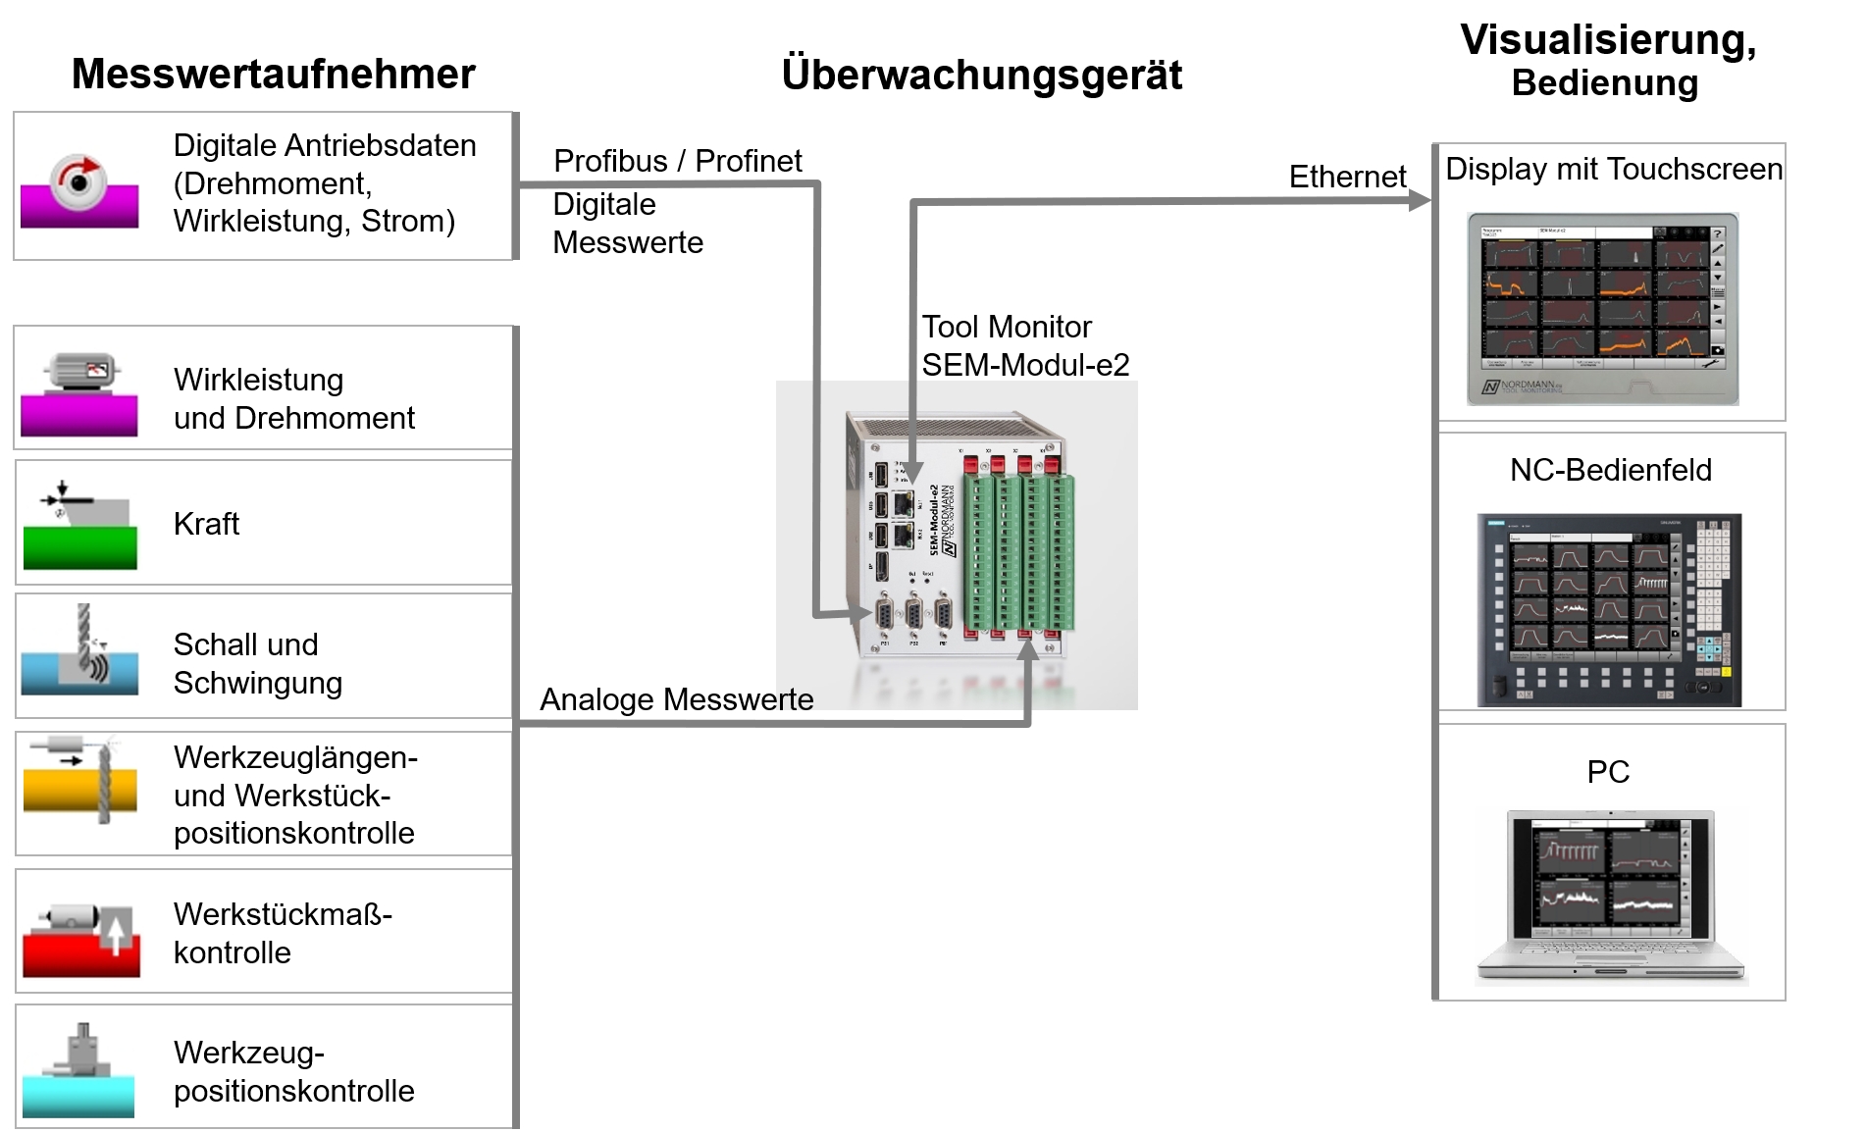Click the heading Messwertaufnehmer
273,75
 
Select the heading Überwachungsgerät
981,76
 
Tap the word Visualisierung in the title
1607,40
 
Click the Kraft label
206,524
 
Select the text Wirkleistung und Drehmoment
293,398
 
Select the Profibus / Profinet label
677,161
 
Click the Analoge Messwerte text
676,699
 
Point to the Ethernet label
1346,177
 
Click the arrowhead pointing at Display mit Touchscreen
1420,201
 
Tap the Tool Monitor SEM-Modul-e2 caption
1024,345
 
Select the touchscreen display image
1602,308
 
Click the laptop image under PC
1610,897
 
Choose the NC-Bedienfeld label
1610,470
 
